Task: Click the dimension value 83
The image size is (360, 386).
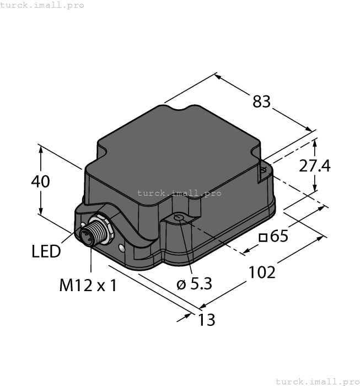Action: coord(262,101)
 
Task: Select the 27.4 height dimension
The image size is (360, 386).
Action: coord(315,165)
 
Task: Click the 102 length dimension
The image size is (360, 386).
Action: coord(262,272)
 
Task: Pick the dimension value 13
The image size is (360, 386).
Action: coord(206,320)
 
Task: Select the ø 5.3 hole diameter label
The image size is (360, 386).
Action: coord(194,284)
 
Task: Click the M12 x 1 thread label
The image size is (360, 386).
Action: coord(88,285)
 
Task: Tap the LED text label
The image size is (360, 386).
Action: coord(46,252)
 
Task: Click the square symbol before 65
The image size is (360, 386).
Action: coord(264,238)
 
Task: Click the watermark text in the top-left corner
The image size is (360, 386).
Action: coord(42,5)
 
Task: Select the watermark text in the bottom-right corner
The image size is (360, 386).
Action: coord(316,381)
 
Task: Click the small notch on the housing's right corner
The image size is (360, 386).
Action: coord(263,170)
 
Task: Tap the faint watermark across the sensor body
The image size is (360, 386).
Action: coord(179,193)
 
